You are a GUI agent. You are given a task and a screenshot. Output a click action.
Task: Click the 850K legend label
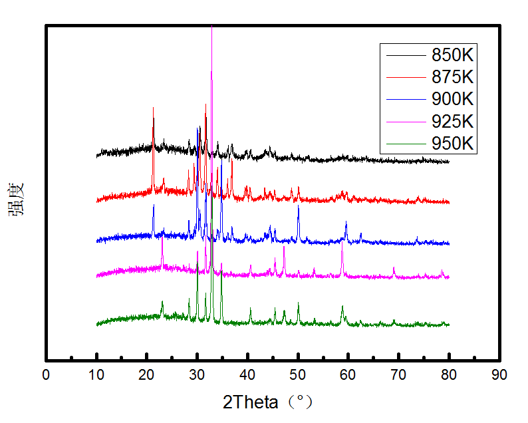point(452,55)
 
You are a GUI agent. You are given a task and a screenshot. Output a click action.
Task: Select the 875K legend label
point(452,76)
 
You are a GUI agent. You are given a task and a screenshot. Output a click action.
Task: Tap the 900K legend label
point(452,99)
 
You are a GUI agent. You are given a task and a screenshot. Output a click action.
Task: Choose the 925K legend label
point(452,121)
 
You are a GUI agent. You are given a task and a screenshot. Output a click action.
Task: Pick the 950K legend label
point(452,143)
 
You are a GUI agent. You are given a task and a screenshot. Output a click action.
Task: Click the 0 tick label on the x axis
point(46,375)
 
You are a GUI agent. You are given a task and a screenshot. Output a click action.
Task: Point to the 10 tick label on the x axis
point(96,375)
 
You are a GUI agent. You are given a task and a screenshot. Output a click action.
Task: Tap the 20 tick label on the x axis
point(147,375)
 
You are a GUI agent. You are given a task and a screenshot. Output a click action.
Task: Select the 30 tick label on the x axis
point(198,375)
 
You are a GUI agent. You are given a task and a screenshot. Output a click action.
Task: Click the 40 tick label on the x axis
point(248,375)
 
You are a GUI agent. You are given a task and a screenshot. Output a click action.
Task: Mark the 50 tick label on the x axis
point(298,375)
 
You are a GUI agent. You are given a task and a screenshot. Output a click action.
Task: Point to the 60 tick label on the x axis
point(348,375)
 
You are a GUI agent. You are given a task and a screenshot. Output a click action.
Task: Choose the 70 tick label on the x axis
point(399,375)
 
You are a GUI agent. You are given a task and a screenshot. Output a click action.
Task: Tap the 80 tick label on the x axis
point(450,375)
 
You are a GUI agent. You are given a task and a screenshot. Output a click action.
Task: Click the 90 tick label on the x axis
point(499,375)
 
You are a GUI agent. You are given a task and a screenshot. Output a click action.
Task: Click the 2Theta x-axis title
point(267,402)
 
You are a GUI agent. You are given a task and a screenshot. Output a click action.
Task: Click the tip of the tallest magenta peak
point(211,27)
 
